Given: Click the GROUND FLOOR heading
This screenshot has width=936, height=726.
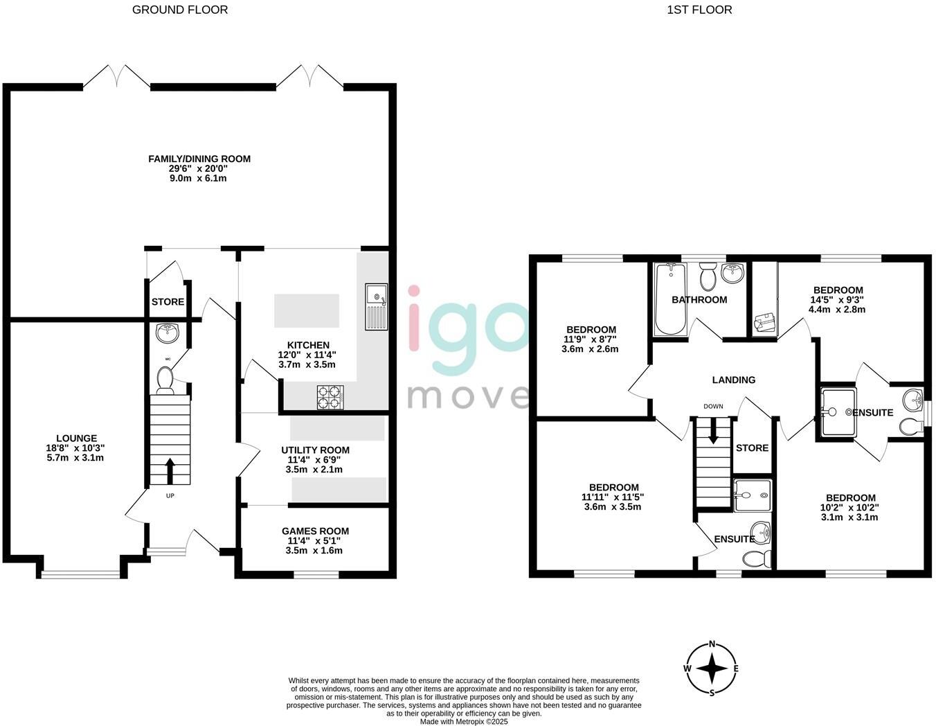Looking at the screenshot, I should coord(179,10).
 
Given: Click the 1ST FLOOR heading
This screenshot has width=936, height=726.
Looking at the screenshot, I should coord(699,10).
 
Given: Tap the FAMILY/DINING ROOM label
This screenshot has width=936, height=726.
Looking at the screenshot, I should coord(199,159).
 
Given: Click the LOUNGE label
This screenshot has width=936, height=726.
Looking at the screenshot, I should coord(76,439).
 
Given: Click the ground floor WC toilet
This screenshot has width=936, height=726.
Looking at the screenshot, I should coord(165,380).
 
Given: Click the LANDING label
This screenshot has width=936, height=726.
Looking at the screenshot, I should coord(734,380).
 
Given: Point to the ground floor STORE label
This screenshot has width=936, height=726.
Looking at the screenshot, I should coord(168,302).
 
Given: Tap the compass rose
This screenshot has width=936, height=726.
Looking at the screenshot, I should coord(712,669).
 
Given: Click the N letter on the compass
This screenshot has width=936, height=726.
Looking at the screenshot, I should coord(712,644).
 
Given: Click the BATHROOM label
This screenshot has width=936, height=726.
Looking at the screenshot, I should coord(699,300).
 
